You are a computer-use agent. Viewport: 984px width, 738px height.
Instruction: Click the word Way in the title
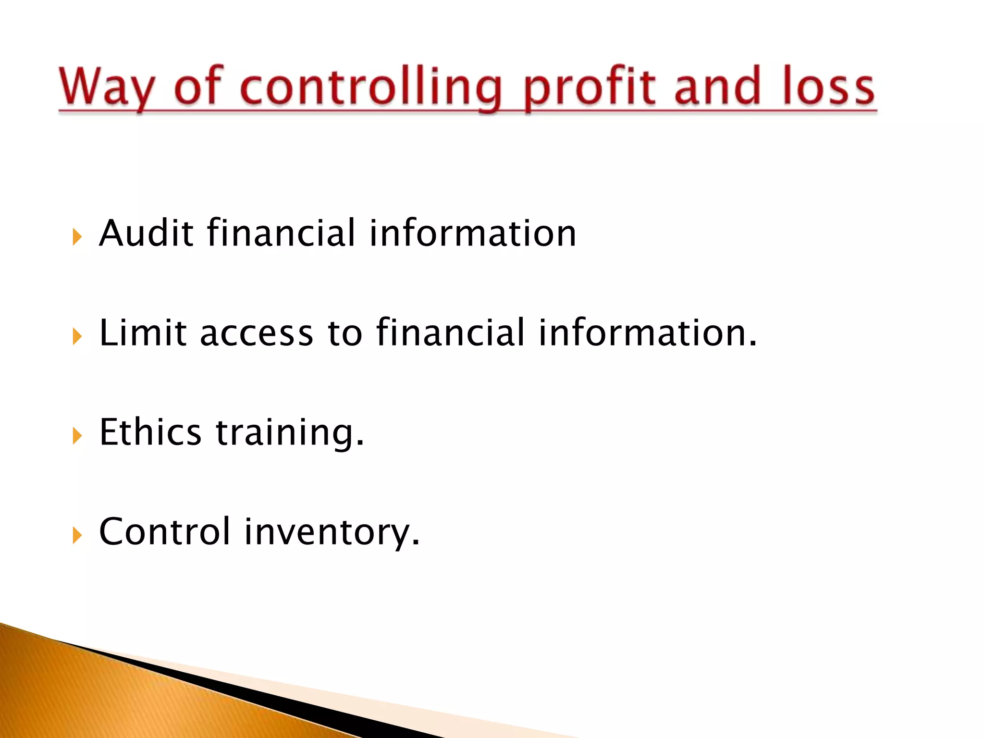(107, 87)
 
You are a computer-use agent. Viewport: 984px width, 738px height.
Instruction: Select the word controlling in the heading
(370, 87)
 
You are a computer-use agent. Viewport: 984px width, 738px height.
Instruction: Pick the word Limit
(143, 332)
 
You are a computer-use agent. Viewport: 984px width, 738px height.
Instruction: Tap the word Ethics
(150, 432)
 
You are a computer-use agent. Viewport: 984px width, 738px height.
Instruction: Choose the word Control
(165, 531)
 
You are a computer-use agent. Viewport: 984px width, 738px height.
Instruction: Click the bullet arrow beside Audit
(77, 237)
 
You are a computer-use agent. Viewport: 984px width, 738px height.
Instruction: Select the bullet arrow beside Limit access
(77, 336)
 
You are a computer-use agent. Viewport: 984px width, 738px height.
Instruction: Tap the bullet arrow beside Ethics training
(77, 436)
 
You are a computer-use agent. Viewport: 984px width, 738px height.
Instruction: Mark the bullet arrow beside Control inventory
(77, 535)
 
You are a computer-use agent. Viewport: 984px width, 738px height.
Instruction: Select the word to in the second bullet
(344, 333)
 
